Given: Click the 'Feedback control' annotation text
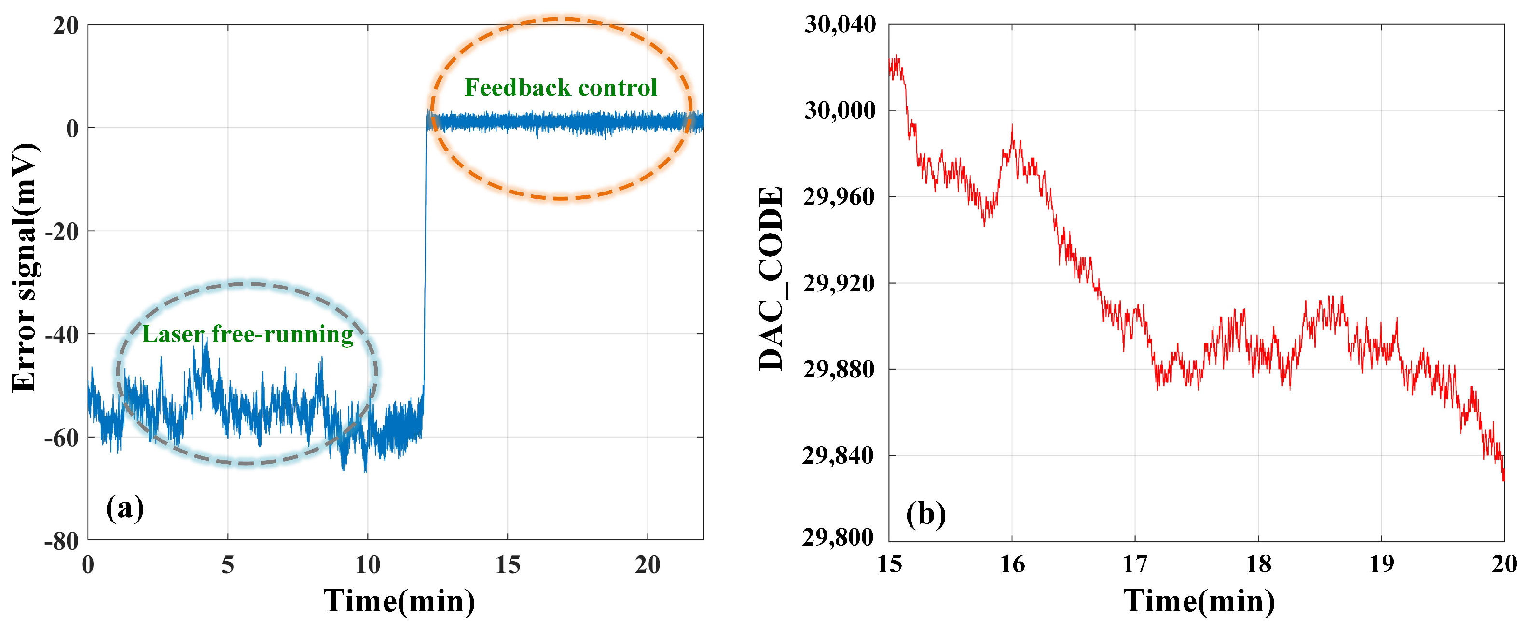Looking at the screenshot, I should click(560, 88).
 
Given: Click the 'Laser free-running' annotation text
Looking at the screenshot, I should click(247, 334).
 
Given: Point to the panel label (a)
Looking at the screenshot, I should click(125, 508).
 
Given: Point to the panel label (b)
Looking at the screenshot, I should click(925, 514).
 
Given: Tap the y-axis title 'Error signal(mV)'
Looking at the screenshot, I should click(25, 267).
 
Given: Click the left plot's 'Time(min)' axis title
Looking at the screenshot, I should click(399, 601).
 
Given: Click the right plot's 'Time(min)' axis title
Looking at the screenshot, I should click(1199, 601).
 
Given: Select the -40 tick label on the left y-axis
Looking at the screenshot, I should click(61, 335).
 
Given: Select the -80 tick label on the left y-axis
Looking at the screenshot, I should click(61, 542).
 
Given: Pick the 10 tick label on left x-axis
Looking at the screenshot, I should click(367, 565).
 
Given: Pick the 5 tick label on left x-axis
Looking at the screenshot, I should click(227, 565).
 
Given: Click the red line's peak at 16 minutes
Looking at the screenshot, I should click(1012, 126).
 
